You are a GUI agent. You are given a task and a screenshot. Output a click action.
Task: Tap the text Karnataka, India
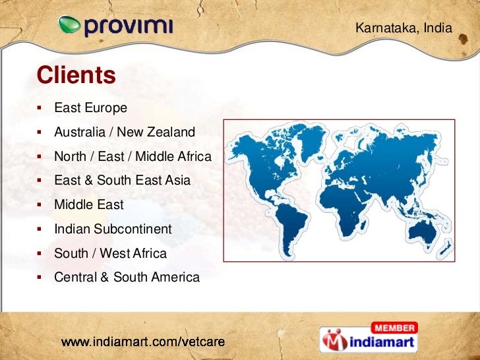pyautogui.click(x=404, y=28)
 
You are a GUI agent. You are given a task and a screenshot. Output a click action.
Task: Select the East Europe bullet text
pyautogui.click(x=90, y=107)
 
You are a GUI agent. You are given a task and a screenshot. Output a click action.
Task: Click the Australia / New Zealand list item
pyautogui.click(x=125, y=132)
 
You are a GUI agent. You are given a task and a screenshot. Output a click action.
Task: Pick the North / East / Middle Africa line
pyautogui.click(x=133, y=156)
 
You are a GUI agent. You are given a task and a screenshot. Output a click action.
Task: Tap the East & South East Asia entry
pyautogui.click(x=122, y=181)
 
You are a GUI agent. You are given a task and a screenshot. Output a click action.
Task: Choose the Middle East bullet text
pyautogui.click(x=88, y=205)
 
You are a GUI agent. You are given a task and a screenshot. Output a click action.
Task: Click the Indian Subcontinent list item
pyautogui.click(x=113, y=229)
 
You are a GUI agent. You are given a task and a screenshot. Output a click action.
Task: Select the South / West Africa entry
pyautogui.click(x=110, y=253)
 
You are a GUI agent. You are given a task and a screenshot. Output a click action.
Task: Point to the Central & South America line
pyautogui.click(x=127, y=278)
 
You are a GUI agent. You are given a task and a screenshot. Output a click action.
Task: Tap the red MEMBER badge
pyautogui.click(x=394, y=328)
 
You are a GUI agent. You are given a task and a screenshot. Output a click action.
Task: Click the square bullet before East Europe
pyautogui.click(x=40, y=107)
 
